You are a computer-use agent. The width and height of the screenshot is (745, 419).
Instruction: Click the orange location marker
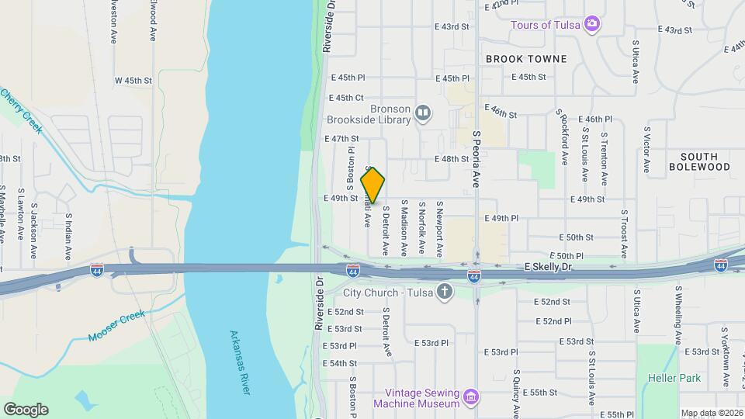[373, 185]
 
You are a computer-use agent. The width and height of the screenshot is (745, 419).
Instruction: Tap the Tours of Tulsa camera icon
[592, 23]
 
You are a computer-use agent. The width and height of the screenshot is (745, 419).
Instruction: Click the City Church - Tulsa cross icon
[444, 292]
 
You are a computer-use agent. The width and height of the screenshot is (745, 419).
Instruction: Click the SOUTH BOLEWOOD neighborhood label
[699, 161]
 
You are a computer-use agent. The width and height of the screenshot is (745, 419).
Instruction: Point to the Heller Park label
[674, 379]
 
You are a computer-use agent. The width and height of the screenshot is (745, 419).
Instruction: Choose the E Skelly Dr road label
[548, 267]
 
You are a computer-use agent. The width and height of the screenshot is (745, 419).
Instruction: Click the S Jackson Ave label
[34, 231]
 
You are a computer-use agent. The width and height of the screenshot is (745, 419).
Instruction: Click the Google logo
[26, 410]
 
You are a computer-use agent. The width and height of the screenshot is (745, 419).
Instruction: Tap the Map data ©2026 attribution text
[712, 413]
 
